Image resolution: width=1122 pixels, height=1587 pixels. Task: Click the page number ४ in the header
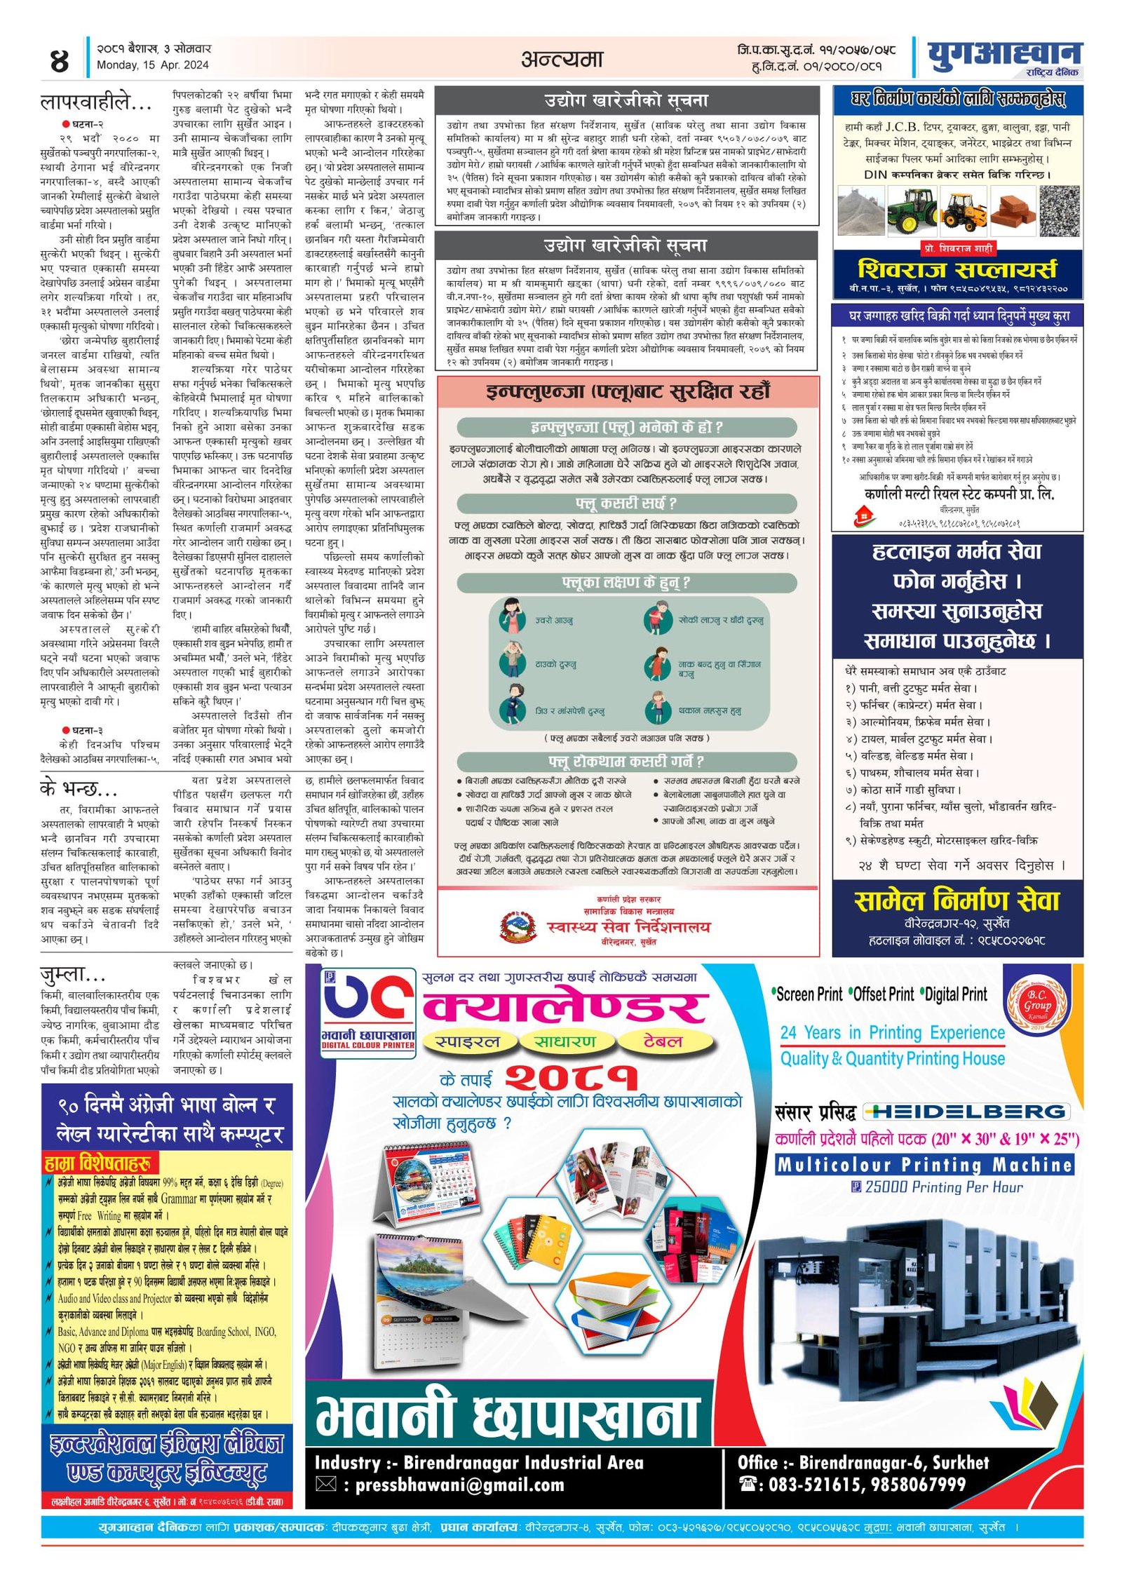tap(60, 61)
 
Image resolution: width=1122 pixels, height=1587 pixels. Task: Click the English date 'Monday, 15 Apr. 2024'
tap(152, 65)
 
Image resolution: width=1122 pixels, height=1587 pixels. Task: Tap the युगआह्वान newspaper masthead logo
tap(1003, 55)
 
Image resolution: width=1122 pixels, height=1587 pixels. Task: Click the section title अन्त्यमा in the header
tap(562, 59)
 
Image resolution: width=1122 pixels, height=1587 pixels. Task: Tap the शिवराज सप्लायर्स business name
tap(957, 269)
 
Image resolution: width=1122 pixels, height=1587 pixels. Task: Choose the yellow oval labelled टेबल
tap(663, 1041)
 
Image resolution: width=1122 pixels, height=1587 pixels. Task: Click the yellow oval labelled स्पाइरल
tap(467, 1042)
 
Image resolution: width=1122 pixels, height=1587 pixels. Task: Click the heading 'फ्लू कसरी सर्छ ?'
tap(626, 504)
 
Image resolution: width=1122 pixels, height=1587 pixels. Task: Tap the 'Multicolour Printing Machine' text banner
tap(924, 1165)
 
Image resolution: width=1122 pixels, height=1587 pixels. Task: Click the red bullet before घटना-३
tap(66, 731)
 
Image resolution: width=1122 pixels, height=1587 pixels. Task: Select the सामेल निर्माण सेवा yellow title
tap(957, 900)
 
